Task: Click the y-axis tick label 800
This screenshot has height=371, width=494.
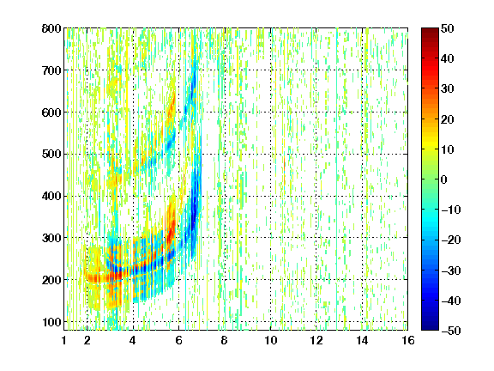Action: (51, 28)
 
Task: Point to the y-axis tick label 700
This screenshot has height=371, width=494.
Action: (51, 70)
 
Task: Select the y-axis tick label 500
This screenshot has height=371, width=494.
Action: (51, 155)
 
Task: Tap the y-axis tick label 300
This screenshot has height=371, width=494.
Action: (51, 238)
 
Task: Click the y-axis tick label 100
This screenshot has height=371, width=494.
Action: (51, 322)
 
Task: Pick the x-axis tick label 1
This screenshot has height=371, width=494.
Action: (64, 340)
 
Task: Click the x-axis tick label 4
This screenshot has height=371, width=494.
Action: (133, 340)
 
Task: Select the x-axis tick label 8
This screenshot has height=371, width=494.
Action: (225, 340)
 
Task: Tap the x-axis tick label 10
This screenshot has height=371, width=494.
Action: (270, 340)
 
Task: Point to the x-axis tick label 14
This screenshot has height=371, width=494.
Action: (362, 340)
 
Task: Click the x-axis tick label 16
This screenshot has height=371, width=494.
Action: (408, 340)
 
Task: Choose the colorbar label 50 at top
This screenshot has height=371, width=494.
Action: (448, 28)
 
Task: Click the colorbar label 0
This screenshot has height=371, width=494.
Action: (444, 179)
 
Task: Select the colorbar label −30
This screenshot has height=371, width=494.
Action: (451, 271)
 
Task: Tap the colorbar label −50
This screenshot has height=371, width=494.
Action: (451, 331)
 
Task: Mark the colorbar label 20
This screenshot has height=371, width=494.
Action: (448, 119)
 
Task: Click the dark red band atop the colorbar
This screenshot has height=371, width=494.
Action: (430, 33)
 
